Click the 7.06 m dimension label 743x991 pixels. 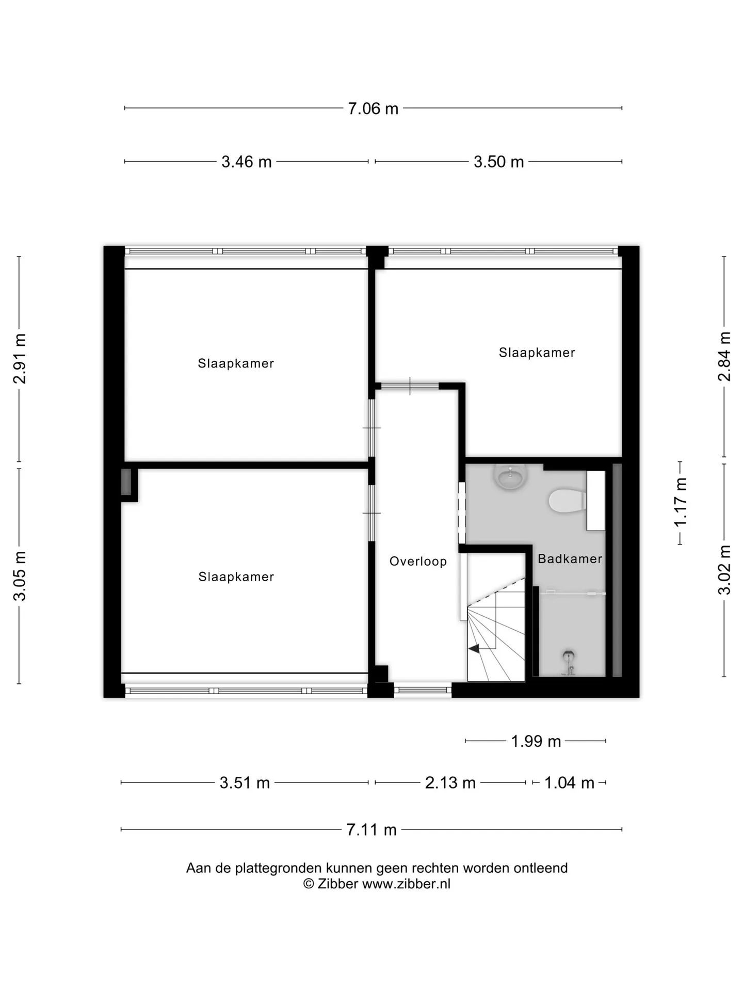click(373, 108)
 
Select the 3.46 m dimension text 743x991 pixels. click(247, 162)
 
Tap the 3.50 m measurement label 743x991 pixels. click(499, 162)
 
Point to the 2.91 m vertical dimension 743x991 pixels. click(20, 359)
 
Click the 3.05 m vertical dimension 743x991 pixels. click(20, 576)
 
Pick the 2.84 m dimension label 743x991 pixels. click(724, 356)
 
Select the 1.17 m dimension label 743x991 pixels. click(681, 502)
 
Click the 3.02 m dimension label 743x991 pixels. click(724, 570)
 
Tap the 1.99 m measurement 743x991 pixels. click(536, 741)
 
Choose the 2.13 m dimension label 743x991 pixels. click(450, 782)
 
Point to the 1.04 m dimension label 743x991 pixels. click(569, 782)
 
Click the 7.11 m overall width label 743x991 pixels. click(372, 829)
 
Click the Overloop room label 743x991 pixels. click(418, 561)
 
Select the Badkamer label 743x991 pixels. click(570, 558)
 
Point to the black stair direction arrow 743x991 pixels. click(473, 649)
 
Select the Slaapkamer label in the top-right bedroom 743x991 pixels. click(537, 353)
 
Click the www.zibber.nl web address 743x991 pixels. click(406, 884)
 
